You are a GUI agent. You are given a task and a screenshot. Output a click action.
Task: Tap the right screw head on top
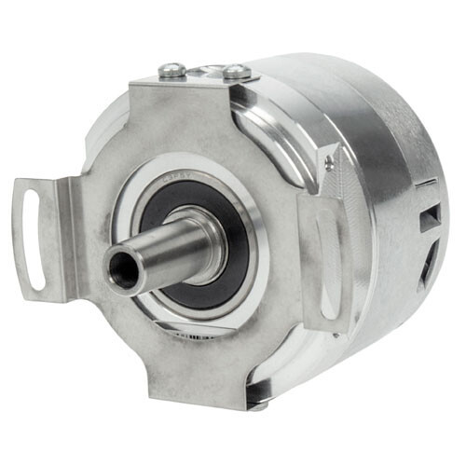point(237,71)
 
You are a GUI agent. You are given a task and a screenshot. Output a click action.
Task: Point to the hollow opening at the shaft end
point(121,270)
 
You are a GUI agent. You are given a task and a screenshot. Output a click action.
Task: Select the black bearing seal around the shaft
point(233,270)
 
